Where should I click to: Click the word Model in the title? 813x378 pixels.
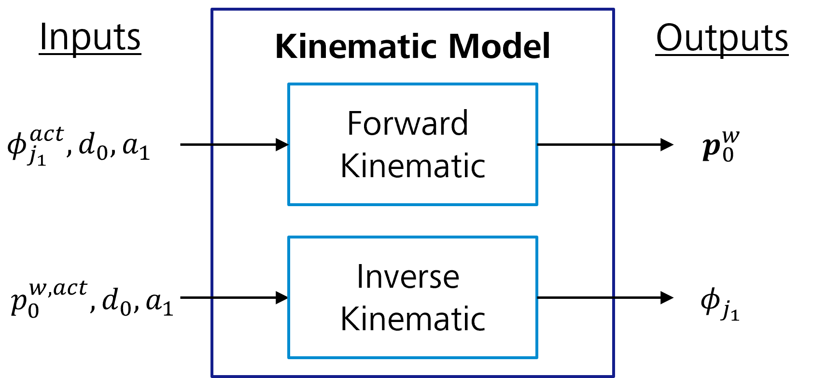click(x=499, y=46)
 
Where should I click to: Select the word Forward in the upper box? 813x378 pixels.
click(x=407, y=124)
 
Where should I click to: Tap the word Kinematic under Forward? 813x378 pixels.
click(x=413, y=166)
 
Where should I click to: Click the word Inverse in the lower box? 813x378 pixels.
click(x=408, y=277)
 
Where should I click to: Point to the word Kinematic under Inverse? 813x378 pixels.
click(x=413, y=319)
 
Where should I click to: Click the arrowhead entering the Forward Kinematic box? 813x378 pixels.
click(x=281, y=144)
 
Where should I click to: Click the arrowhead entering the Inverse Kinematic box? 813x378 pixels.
click(x=281, y=298)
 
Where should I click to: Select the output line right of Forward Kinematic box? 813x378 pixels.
click(x=575, y=144)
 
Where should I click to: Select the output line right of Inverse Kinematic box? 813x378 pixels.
click(x=575, y=298)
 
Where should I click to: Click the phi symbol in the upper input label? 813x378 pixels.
click(x=16, y=145)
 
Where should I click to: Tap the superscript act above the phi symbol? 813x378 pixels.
click(x=47, y=134)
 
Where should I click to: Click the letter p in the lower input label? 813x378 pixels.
click(x=19, y=301)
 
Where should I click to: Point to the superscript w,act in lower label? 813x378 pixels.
click(x=58, y=288)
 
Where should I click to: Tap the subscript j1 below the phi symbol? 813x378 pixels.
click(x=37, y=157)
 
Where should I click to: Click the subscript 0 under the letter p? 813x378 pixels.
click(x=33, y=310)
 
